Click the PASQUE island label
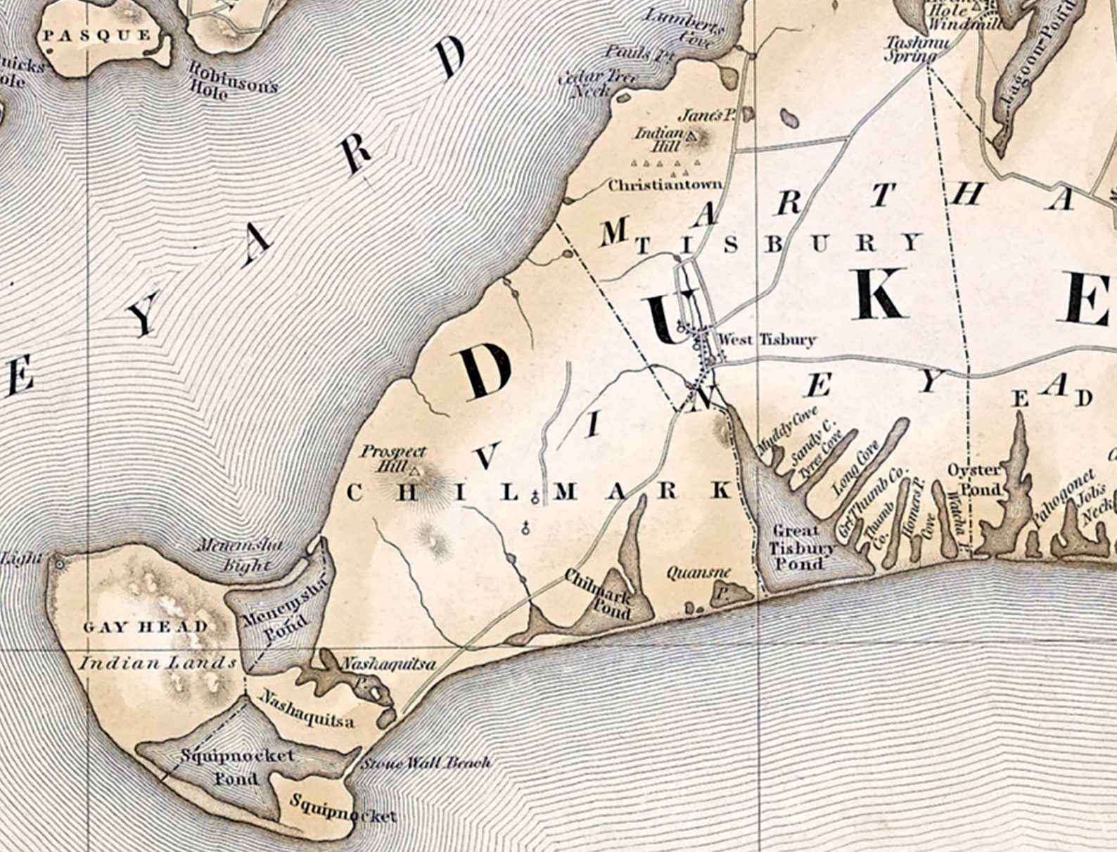96,35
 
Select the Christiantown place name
665,185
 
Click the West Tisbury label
765,340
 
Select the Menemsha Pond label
274,619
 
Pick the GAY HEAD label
146,627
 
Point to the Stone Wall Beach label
426,763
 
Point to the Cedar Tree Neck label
594,82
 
